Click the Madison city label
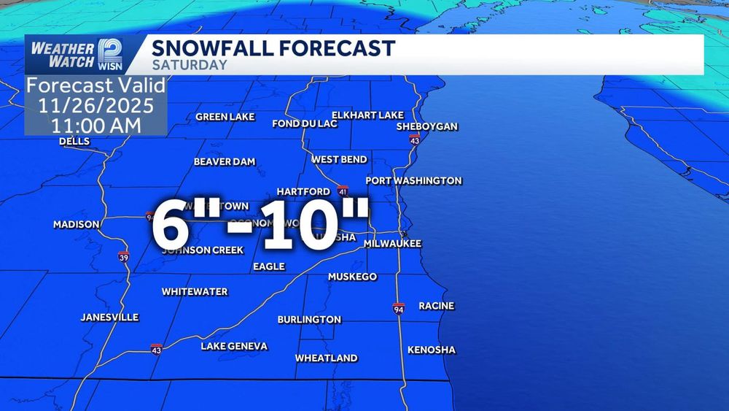click(76, 224)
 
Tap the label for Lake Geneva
click(234, 346)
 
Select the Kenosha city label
click(431, 350)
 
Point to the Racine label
click(436, 306)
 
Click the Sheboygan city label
click(426, 126)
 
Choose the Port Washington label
click(413, 180)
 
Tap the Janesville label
click(109, 318)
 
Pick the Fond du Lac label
click(305, 123)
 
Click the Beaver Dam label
click(225, 161)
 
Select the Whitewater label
click(195, 291)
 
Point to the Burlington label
click(309, 320)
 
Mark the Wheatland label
click(326, 358)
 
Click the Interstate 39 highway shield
click(123, 256)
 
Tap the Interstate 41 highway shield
click(342, 192)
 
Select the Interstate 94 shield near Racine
click(398, 308)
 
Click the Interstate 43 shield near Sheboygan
click(414, 139)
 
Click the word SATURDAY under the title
click(189, 65)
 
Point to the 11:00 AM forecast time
click(95, 124)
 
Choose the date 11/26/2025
click(95, 105)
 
